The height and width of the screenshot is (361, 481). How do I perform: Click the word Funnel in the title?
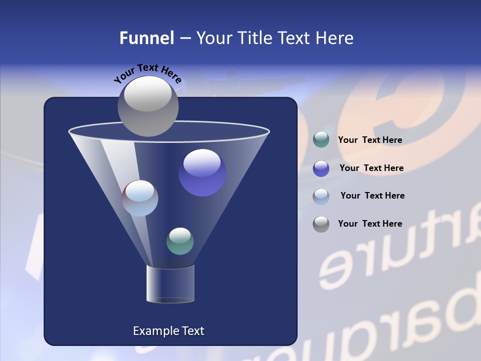click(146, 38)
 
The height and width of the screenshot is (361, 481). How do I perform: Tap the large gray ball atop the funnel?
click(148, 106)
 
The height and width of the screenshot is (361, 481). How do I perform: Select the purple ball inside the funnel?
click(202, 172)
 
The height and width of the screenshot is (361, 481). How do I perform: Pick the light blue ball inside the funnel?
click(140, 198)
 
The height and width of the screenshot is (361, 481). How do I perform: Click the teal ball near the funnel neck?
click(180, 241)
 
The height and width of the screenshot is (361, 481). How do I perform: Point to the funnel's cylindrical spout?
click(170, 284)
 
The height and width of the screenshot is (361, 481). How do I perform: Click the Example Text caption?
click(168, 331)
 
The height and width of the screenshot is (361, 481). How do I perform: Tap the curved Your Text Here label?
click(147, 73)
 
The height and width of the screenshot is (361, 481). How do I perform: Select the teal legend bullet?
click(321, 140)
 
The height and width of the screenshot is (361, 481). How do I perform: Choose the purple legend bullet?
click(321, 168)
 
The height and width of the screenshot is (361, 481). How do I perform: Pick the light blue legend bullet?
click(321, 197)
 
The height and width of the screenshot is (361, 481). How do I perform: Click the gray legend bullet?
click(321, 224)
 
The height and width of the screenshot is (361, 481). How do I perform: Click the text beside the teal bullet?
click(370, 140)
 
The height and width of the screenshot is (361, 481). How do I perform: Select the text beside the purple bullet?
click(371, 168)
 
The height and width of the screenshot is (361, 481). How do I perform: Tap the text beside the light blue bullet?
click(372, 196)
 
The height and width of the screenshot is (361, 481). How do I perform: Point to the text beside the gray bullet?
click(370, 224)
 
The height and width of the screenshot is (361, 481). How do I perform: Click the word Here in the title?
click(335, 38)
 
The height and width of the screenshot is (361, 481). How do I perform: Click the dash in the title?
click(185, 39)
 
